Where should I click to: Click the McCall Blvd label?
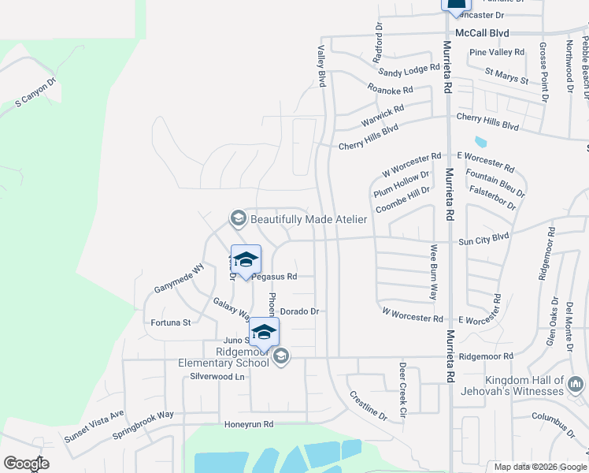pyautogui.click(x=487, y=33)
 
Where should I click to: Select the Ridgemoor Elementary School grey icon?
pyautogui.click(x=280, y=358)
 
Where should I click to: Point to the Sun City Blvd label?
pyautogui.click(x=484, y=236)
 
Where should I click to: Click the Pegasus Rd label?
pyautogui.click(x=275, y=277)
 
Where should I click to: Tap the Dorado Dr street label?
pyautogui.click(x=299, y=311)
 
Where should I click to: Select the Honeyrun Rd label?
pyautogui.click(x=249, y=424)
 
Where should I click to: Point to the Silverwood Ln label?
pyautogui.click(x=218, y=377)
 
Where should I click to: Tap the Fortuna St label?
pyautogui.click(x=171, y=322)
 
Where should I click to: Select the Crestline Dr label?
pyautogui.click(x=369, y=405)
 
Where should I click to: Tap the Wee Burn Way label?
pyautogui.click(x=433, y=272)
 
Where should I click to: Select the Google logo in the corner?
pyautogui.click(x=26, y=464)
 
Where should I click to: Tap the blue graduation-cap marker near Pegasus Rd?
pyautogui.click(x=246, y=259)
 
